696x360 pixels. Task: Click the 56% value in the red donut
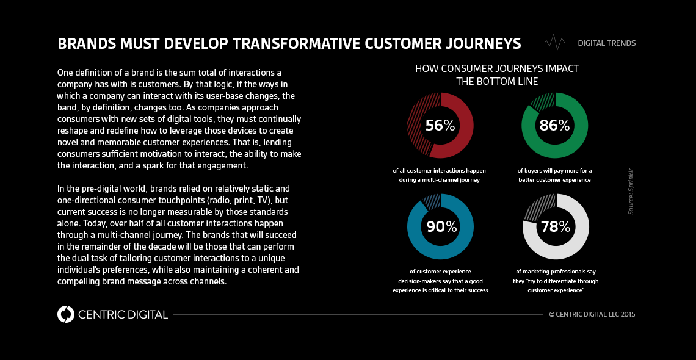(440, 126)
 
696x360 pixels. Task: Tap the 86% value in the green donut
(554, 126)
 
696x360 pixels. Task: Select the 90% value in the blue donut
(441, 227)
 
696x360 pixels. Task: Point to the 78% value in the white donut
(555, 227)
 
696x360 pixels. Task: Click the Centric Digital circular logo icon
(65, 314)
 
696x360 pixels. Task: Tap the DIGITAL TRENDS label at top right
(606, 43)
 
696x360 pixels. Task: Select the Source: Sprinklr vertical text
(631, 190)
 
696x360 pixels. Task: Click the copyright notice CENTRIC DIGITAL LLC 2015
(592, 314)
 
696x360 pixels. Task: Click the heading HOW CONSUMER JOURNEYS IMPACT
(497, 68)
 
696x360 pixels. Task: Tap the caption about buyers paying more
(554, 175)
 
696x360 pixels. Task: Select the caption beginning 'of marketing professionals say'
(556, 281)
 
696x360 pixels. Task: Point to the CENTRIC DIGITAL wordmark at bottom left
(123, 315)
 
